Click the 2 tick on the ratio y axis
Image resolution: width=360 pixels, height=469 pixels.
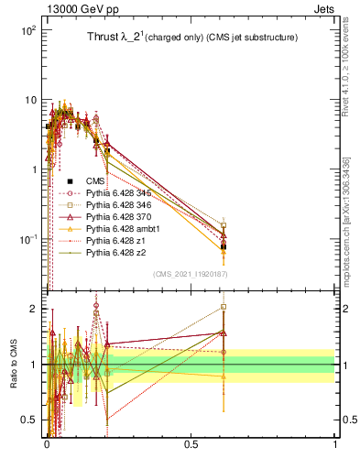tap(34, 309)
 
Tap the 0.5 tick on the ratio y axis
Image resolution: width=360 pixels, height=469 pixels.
tap(30, 420)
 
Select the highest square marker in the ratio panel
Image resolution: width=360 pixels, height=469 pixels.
tap(224, 308)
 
